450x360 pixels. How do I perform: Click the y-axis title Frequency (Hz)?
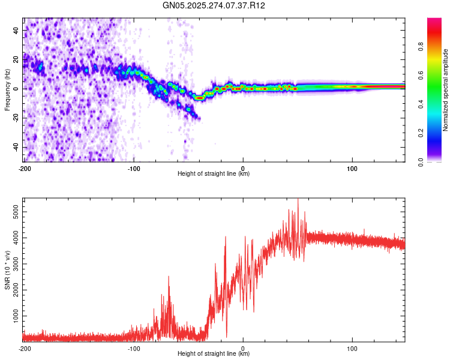7,89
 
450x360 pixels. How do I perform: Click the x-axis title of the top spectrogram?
214,174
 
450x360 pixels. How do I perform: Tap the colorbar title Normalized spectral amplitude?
446,90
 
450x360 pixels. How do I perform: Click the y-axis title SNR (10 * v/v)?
7,269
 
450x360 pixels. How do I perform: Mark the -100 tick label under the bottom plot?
133,348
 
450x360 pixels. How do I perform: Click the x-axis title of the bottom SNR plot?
214,354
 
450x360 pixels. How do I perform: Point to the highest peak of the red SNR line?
298,199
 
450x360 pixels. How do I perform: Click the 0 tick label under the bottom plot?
243,348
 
